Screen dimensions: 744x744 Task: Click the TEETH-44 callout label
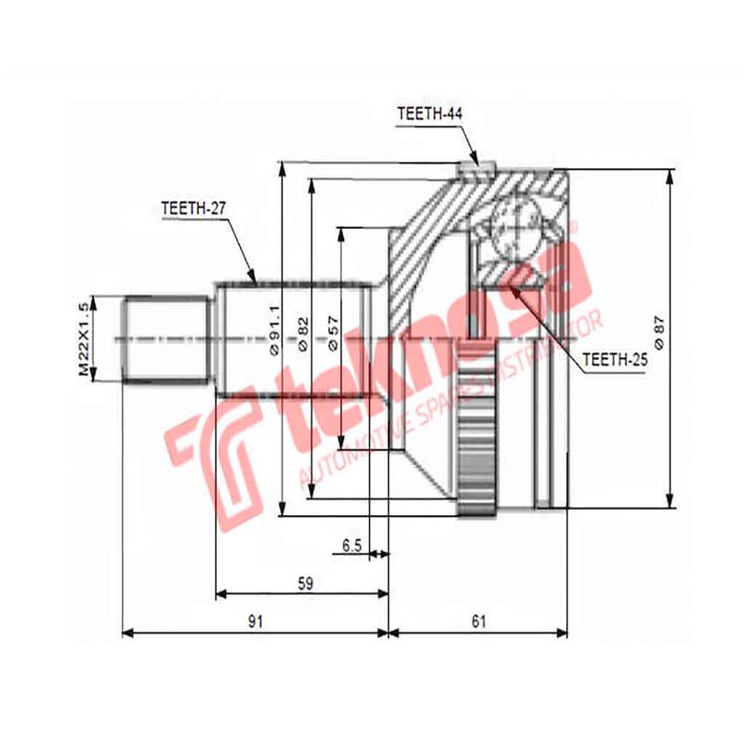point(430,114)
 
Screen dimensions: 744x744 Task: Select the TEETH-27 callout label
point(194,209)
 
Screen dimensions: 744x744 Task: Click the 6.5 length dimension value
point(352,546)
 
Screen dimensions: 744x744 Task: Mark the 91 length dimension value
point(255,622)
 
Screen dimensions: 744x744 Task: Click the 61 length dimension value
point(479,622)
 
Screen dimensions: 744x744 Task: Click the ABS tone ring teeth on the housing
point(476,428)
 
